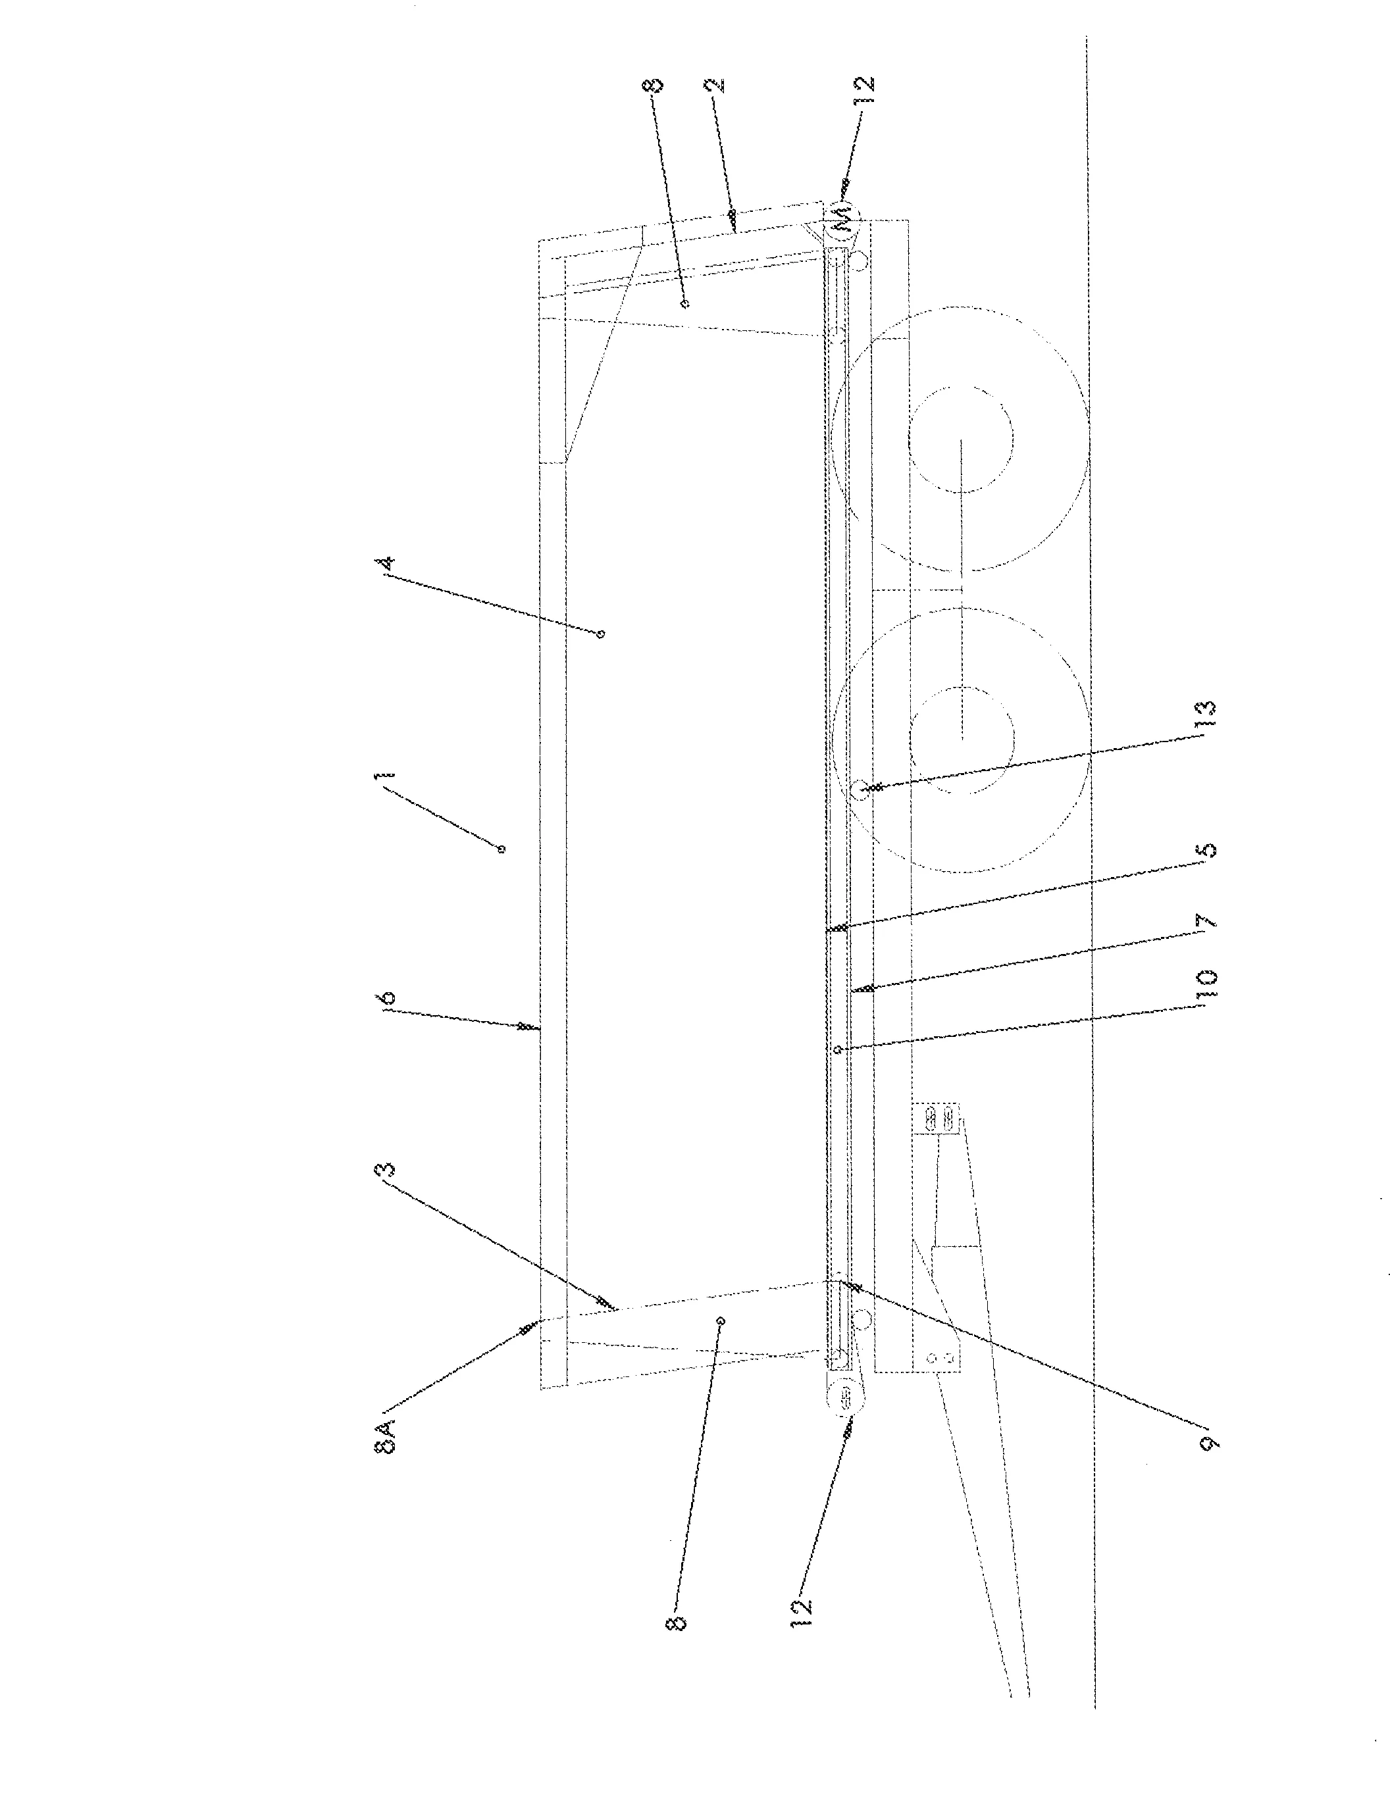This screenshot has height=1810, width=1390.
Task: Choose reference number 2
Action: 717,84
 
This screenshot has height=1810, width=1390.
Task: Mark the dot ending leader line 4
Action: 602,634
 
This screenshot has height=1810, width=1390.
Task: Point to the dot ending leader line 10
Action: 837,1050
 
